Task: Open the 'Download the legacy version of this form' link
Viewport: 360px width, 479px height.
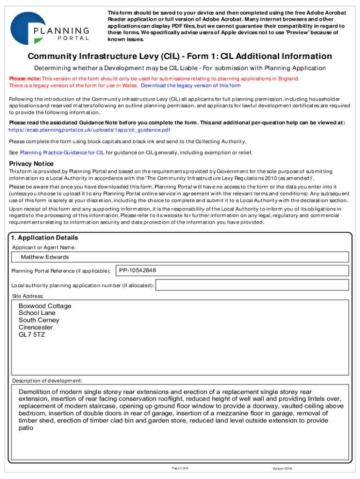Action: (x=191, y=86)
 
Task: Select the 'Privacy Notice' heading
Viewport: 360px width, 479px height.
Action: (x=32, y=164)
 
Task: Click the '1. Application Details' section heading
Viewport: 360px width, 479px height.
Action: (x=45, y=238)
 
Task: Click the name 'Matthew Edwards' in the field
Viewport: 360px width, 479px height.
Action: (x=45, y=257)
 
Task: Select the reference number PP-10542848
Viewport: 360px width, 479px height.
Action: (x=137, y=270)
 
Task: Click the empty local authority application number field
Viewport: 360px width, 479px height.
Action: (x=252, y=285)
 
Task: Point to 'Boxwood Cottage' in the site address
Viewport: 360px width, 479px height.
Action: (x=45, y=306)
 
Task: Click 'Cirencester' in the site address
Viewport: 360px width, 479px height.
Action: (x=36, y=327)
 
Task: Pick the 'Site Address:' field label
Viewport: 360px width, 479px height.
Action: (x=28, y=296)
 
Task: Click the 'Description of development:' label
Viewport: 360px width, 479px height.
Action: (x=47, y=380)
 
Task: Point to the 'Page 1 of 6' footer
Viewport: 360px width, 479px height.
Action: (x=180, y=468)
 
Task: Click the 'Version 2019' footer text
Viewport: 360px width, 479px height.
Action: (x=282, y=469)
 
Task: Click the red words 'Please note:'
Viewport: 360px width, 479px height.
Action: (x=25, y=79)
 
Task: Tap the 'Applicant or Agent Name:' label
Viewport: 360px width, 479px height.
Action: (x=44, y=247)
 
